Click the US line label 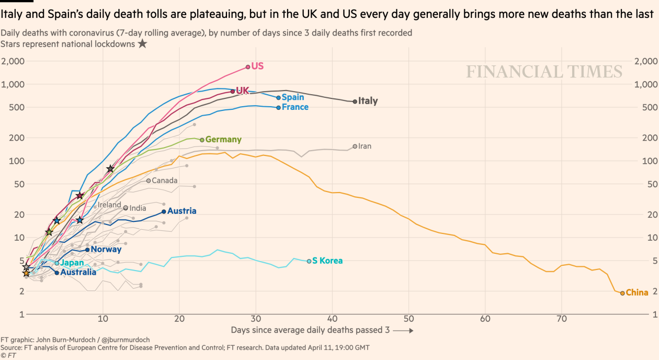tap(257, 66)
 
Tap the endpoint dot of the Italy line tap(355, 102)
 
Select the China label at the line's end tap(637, 292)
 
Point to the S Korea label tap(327, 261)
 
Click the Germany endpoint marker tap(202, 140)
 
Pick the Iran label tap(365, 146)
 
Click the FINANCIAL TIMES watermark tap(544, 72)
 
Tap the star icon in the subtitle tap(142, 44)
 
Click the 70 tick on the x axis tap(562, 318)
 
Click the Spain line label tap(293, 97)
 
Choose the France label tap(295, 107)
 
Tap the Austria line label tap(182, 211)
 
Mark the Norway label tap(106, 249)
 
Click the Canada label tap(165, 181)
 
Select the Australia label tap(78, 272)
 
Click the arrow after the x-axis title tap(403, 331)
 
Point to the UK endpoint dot tap(233, 91)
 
